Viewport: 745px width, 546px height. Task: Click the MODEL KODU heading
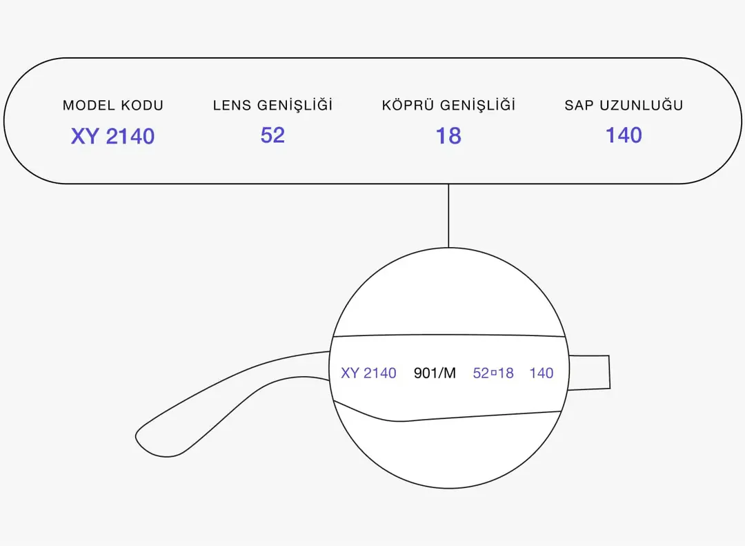(113, 105)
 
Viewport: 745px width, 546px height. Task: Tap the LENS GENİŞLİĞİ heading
(272, 104)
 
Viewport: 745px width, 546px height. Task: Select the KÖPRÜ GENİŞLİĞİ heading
(448, 104)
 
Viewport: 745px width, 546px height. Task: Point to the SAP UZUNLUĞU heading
(624, 105)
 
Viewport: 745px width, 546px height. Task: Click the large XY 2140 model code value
(112, 137)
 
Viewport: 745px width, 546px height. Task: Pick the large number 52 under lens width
(272, 135)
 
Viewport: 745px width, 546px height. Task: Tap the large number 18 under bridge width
(448, 135)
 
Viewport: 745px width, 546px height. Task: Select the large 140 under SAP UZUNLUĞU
(624, 135)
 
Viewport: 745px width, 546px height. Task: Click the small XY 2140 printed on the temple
(368, 373)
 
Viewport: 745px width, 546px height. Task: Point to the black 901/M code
(435, 373)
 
